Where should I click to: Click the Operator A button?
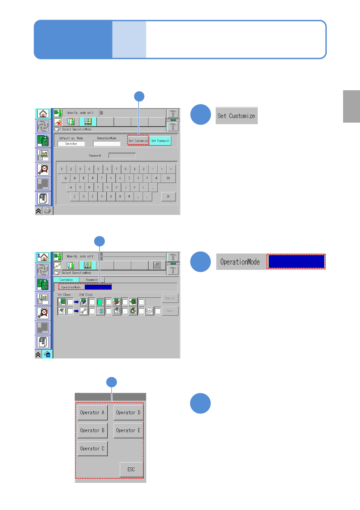pos(92,412)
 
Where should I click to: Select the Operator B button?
pos(92,430)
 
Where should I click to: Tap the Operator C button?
pos(92,449)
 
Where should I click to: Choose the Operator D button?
pos(128,412)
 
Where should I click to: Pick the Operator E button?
pos(128,430)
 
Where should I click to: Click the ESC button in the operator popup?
pos(131,469)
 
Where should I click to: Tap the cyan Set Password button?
pos(160,141)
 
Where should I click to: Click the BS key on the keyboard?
pos(168,178)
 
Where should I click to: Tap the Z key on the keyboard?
pos(75,196)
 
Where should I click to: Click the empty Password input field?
pos(122,156)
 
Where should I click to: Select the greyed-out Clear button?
pos(170,311)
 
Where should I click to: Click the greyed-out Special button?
pos(170,298)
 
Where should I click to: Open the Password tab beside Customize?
pos(92,280)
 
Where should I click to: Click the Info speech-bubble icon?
pos(149,311)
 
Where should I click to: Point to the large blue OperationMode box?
pos(296,261)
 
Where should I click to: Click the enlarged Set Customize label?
pos(236,116)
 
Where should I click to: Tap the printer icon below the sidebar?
pos(47,211)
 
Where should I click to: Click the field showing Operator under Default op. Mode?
pos(71,144)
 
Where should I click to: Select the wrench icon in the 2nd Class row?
pos(83,311)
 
